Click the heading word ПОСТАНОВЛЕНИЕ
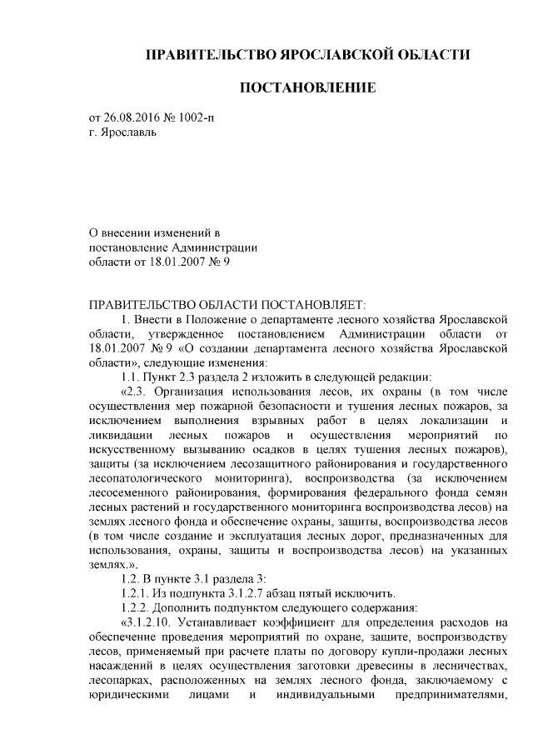[308, 87]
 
